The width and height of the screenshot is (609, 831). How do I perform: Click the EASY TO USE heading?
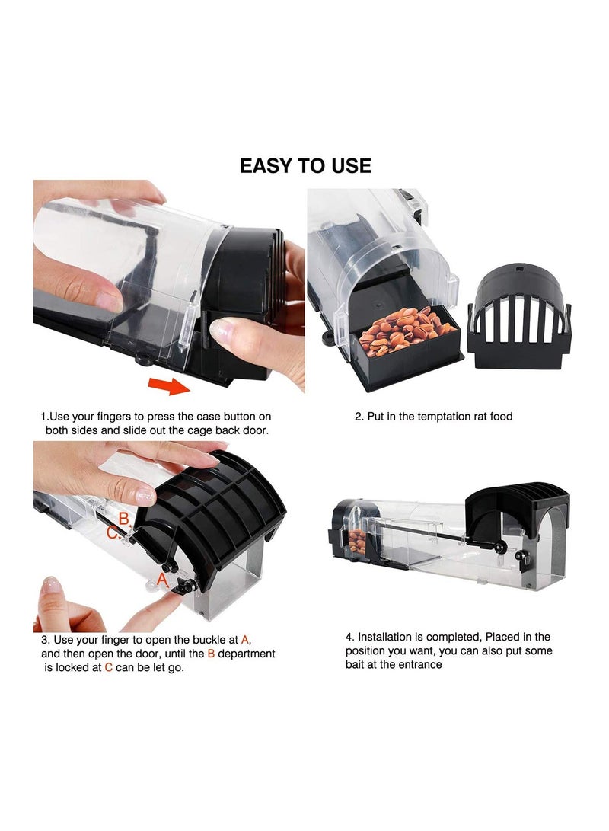(x=305, y=165)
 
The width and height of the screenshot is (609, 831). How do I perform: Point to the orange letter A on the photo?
(x=161, y=580)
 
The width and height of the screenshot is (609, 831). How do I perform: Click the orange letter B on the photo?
(x=123, y=519)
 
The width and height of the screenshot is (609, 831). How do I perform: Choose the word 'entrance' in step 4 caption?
(x=419, y=664)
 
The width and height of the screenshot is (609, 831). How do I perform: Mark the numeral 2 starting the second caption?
(x=358, y=417)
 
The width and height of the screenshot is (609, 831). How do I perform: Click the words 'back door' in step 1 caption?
(x=244, y=431)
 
